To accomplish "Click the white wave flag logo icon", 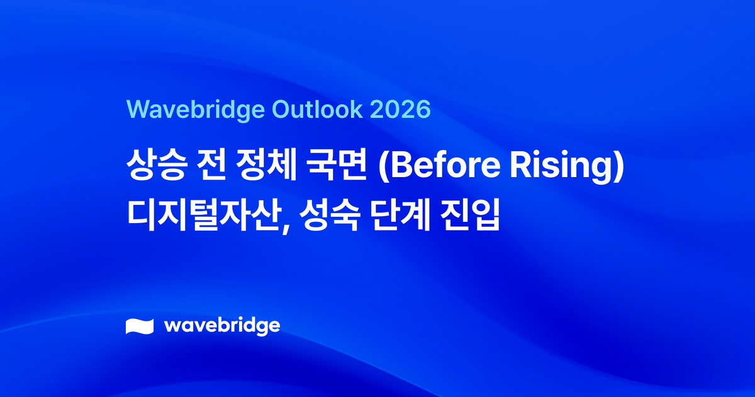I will (x=140, y=326).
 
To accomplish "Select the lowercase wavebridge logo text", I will (x=221, y=326).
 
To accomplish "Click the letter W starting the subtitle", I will (x=137, y=109).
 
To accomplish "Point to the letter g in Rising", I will (x=601, y=171).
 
